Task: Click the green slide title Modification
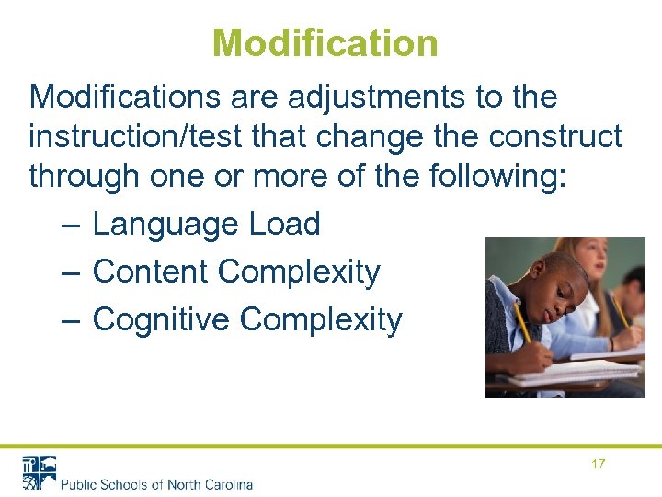[325, 42]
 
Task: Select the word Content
[151, 272]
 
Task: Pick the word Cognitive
[161, 319]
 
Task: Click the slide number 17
[598, 464]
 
